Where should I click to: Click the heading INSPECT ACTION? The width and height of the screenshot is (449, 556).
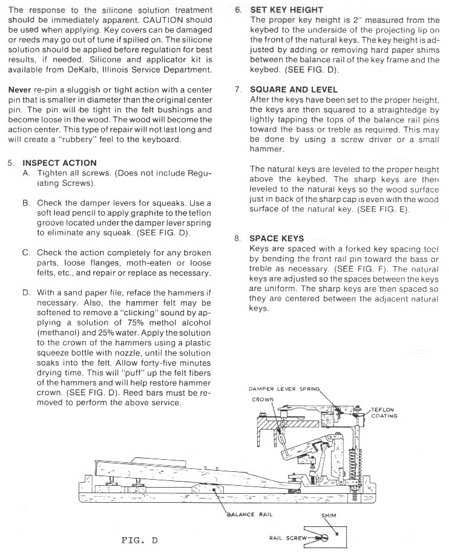[59, 163]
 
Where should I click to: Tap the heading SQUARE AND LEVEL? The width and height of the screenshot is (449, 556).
[293, 90]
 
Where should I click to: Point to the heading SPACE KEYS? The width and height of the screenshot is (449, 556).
[277, 238]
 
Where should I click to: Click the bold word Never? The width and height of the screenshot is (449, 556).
[19, 90]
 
